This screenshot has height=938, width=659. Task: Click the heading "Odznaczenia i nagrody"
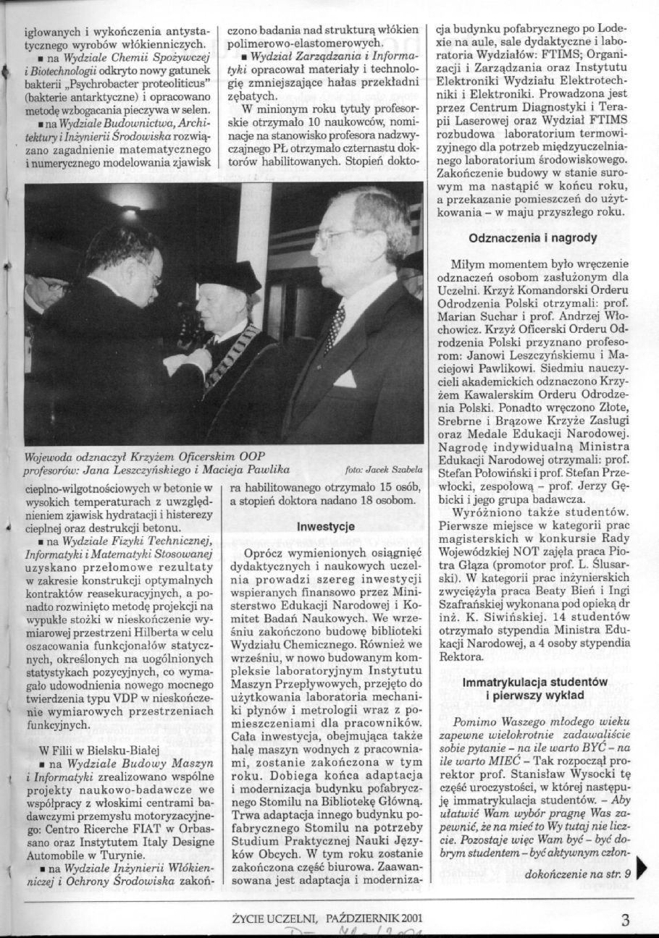pos(542,237)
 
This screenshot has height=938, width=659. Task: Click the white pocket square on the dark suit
pos(345,379)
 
